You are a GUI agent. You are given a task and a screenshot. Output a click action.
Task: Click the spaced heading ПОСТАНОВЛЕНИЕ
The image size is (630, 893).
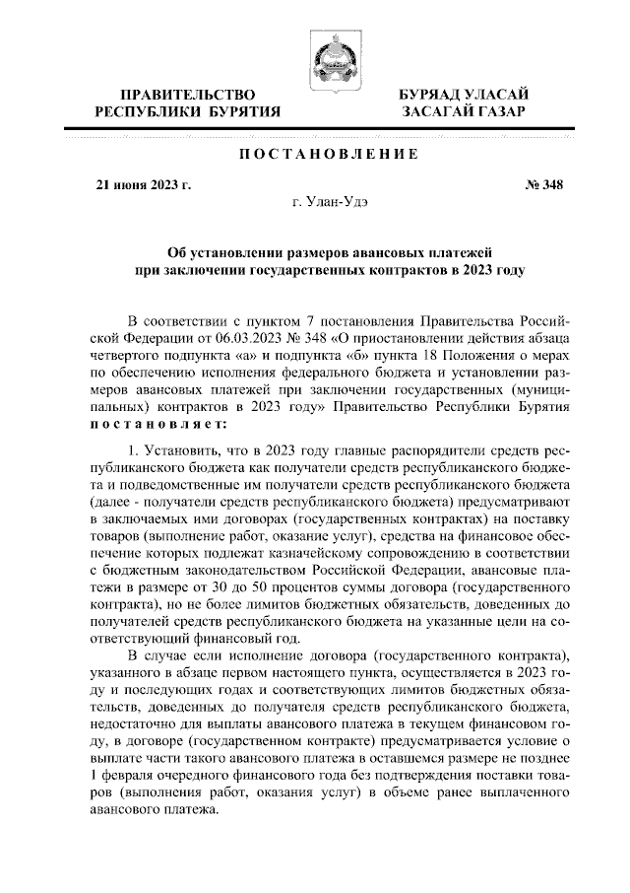coord(329,156)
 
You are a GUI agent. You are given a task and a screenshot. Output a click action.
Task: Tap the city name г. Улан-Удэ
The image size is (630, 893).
coord(331,202)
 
